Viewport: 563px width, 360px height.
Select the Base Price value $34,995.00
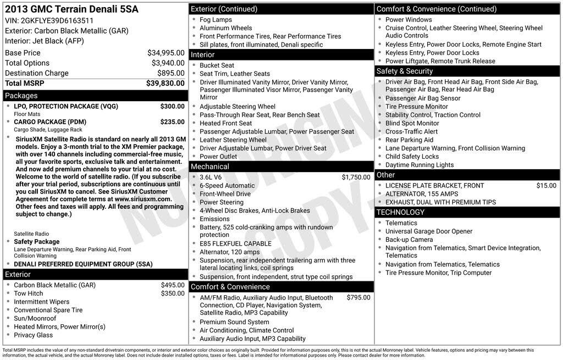click(x=165, y=53)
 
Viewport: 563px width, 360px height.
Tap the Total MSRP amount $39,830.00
click(x=165, y=83)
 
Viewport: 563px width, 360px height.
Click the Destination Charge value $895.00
click(x=170, y=73)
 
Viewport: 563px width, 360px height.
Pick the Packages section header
click(x=21, y=96)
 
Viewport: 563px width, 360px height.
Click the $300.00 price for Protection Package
click(x=172, y=106)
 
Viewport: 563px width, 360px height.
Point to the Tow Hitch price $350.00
click(x=173, y=293)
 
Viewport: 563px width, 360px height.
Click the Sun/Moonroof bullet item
click(x=35, y=318)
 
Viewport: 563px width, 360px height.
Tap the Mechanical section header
click(x=210, y=167)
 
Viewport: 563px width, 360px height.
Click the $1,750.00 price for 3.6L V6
click(x=356, y=177)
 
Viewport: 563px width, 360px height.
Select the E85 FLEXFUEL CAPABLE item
click(x=235, y=243)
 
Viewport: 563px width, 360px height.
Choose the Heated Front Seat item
click(x=225, y=123)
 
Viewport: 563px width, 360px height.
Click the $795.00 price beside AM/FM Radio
click(x=358, y=297)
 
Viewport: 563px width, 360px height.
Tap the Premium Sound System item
click(x=234, y=322)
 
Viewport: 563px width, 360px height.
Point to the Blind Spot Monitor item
click(x=412, y=123)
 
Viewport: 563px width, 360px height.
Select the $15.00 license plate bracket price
click(x=546, y=186)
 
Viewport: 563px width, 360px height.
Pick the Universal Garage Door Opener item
click(x=429, y=231)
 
